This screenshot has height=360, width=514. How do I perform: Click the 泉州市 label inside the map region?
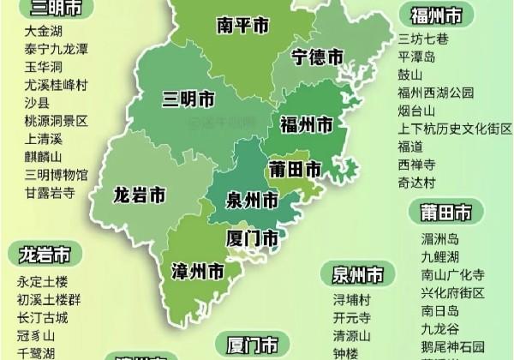251,201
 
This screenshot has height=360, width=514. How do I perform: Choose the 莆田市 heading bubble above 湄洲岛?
445,212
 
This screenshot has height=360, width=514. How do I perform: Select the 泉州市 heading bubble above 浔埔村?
358,275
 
